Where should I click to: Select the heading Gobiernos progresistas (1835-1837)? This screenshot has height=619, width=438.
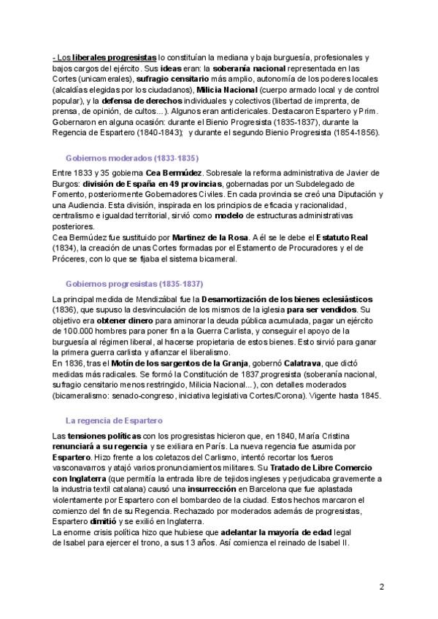click(x=134, y=283)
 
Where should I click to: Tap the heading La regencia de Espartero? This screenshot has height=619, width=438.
click(x=114, y=420)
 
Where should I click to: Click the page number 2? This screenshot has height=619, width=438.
click(x=381, y=586)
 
